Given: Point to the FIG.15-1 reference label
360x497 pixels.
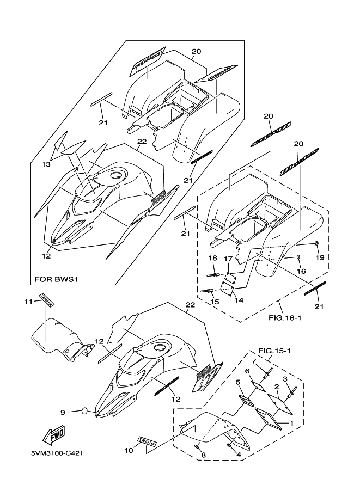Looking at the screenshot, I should point(273,351).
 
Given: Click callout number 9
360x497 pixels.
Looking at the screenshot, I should point(63,412).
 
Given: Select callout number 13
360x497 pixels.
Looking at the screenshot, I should point(47,164).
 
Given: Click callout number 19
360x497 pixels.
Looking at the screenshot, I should point(319,256).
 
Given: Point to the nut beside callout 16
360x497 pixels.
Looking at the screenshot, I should point(300,257).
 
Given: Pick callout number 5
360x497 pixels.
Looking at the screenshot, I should point(237,382).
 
